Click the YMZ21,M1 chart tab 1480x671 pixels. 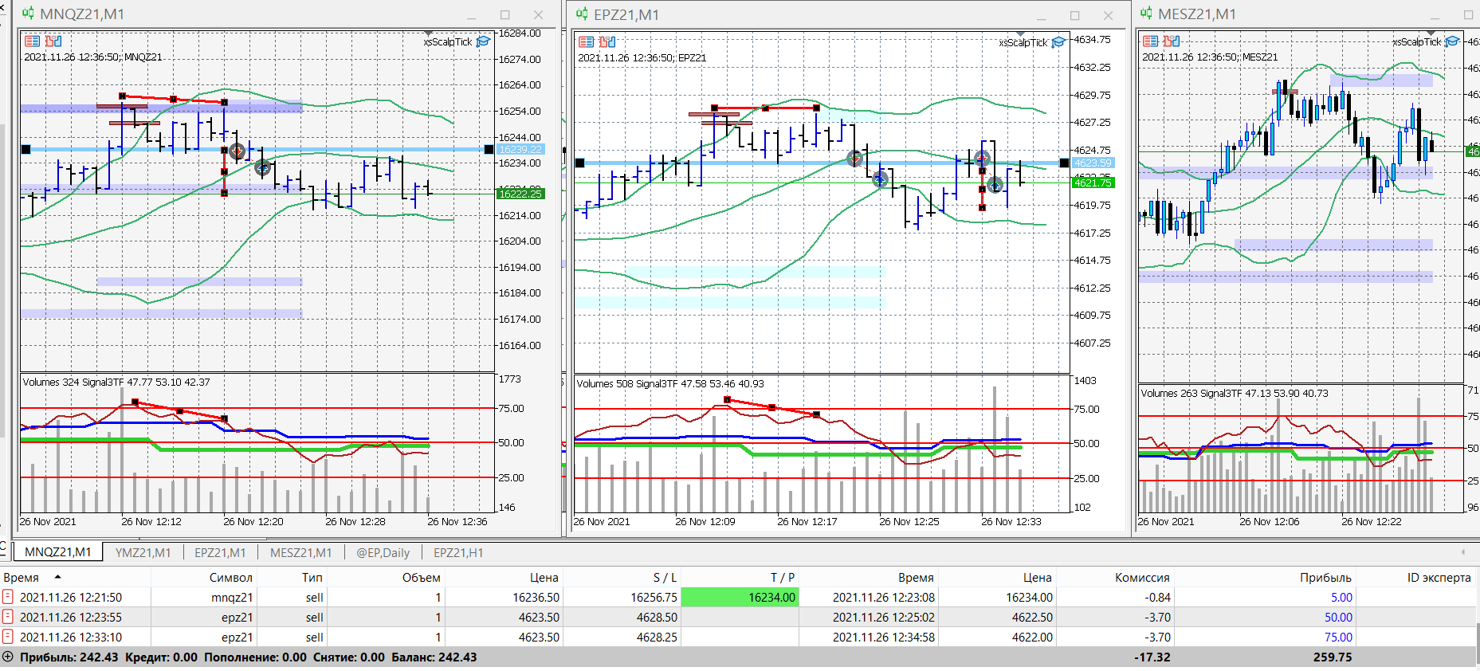143,552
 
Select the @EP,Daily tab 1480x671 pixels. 383,552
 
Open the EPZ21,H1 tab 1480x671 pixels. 457,552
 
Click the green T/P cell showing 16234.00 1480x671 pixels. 740,597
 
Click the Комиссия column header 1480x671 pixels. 1141,577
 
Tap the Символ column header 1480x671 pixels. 230,577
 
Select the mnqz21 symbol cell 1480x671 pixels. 232,597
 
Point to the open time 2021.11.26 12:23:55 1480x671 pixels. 71,617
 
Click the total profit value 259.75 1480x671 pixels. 1333,657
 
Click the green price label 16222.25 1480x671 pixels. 520,194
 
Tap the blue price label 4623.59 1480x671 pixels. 1092,163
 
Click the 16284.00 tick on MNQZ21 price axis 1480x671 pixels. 520,33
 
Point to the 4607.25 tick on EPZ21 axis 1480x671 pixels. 1092,343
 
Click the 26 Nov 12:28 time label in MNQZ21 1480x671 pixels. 355,521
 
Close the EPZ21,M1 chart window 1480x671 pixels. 1108,15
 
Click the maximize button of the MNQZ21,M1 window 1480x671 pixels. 504,15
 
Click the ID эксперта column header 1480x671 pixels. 1438,577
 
